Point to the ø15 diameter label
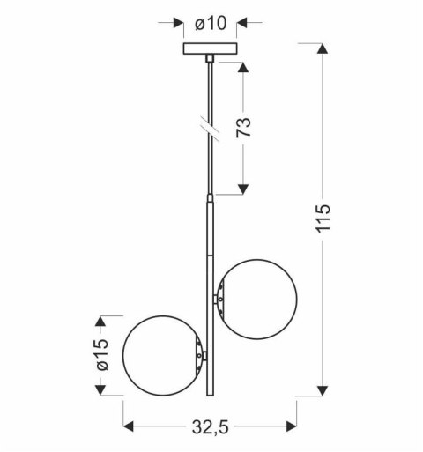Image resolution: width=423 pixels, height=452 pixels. (x=102, y=357)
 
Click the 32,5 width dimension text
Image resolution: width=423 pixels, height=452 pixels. (x=210, y=427)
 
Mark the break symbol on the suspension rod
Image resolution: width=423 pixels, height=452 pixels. (x=210, y=126)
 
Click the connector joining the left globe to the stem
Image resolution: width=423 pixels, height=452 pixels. (x=204, y=356)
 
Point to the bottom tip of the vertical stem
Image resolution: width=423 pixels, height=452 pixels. (x=210, y=396)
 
